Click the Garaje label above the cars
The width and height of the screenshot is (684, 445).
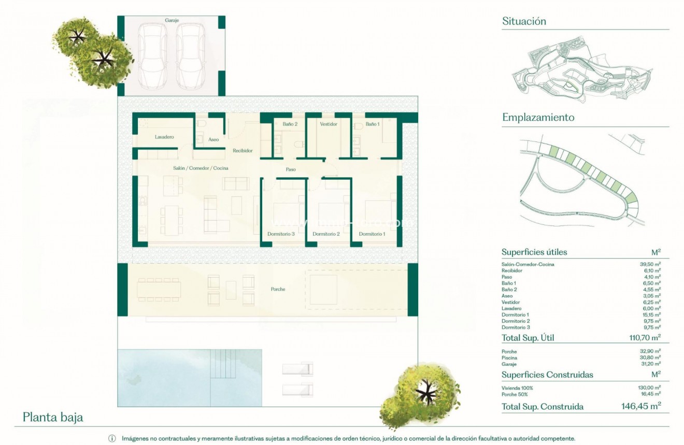coord(172,20)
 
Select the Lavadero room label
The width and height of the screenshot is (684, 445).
coord(164,137)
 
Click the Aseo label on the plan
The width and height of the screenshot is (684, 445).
coord(213,140)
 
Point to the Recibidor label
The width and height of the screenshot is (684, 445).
coord(243,151)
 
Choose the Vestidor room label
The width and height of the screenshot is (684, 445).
coord(329,124)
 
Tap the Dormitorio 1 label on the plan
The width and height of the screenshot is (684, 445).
coord(372,234)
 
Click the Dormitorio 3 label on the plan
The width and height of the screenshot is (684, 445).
coord(281,234)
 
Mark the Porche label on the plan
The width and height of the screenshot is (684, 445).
coord(278,289)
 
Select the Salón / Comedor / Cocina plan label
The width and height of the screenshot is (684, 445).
coord(201,168)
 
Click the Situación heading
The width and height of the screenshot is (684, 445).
coord(524,21)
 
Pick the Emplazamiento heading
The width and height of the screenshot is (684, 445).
coord(538,118)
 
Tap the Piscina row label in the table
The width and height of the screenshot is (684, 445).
coord(509,358)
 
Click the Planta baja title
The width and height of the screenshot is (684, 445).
coord(53,417)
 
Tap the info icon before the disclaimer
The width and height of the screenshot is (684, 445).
coord(112,438)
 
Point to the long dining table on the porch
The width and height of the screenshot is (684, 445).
coord(159,289)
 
